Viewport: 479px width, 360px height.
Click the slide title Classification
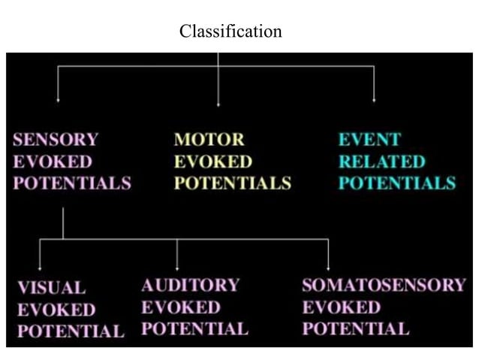[230, 32]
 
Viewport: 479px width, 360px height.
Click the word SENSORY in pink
[56, 140]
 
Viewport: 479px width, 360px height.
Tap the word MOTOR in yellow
[209, 140]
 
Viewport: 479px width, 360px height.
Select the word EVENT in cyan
[369, 140]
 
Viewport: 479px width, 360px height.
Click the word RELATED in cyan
[381, 162]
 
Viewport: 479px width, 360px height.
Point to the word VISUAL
[51, 288]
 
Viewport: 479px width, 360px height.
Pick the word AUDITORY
[190, 286]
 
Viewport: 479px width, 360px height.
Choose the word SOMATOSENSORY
[384, 286]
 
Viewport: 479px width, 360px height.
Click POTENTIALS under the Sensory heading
[72, 183]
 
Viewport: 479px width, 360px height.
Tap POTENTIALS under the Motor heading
[233, 183]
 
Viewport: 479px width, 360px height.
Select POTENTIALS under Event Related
[396, 183]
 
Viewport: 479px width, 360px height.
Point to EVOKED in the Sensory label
[53, 162]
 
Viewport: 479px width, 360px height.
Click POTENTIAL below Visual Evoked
[71, 331]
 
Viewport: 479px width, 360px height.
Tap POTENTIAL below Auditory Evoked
[194, 329]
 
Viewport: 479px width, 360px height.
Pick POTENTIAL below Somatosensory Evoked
[356, 329]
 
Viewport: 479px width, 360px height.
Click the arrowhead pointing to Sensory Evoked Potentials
[58, 99]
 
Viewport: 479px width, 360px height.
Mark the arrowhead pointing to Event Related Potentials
[374, 99]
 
